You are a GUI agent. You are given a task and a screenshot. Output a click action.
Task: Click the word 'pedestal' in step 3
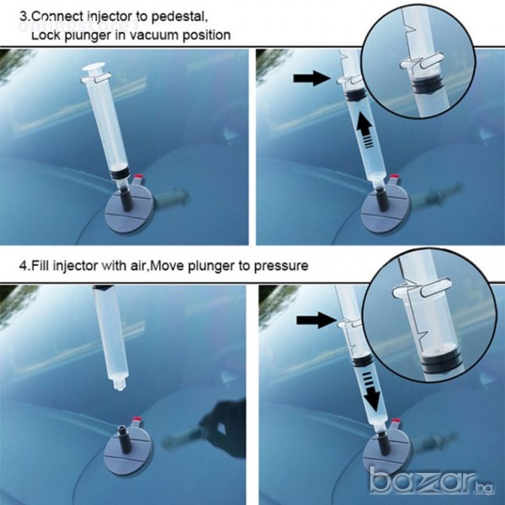coord(178,17)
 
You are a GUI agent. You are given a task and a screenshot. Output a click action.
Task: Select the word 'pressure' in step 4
coord(281,266)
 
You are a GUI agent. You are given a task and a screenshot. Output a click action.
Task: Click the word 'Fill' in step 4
coord(40,266)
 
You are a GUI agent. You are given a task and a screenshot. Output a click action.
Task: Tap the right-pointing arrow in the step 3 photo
coord(311,78)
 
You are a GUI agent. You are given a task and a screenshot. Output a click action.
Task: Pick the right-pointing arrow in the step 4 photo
coord(316,320)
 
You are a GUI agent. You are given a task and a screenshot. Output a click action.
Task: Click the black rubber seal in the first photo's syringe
coord(119,174)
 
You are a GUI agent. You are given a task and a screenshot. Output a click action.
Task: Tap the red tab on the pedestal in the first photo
coord(139,177)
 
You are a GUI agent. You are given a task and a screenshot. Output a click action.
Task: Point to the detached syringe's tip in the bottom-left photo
coord(119,385)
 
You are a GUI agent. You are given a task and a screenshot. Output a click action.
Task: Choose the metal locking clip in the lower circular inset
coord(423,289)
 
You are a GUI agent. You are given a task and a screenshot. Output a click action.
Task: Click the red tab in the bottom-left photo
coord(138,419)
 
